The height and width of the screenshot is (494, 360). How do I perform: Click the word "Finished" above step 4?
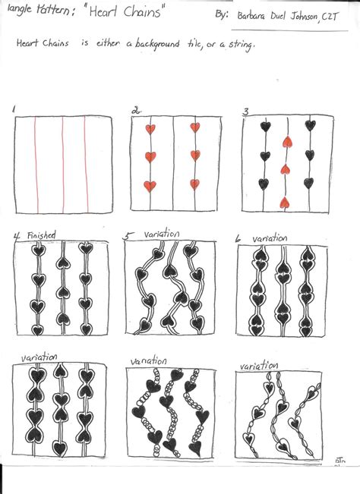pyautogui.click(x=41, y=236)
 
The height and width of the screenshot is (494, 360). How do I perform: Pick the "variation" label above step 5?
pyautogui.click(x=159, y=235)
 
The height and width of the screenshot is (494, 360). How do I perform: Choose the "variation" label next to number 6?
pyautogui.click(x=270, y=238)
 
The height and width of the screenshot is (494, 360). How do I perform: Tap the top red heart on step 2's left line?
pyautogui.click(x=150, y=128)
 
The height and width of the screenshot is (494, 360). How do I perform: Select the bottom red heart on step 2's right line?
pyautogui.click(x=194, y=184)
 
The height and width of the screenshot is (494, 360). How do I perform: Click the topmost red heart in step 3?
pyautogui.click(x=286, y=141)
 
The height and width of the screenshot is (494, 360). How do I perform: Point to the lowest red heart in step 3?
pyautogui.click(x=285, y=203)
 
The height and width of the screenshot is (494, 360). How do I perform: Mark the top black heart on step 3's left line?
pyautogui.click(x=264, y=127)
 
